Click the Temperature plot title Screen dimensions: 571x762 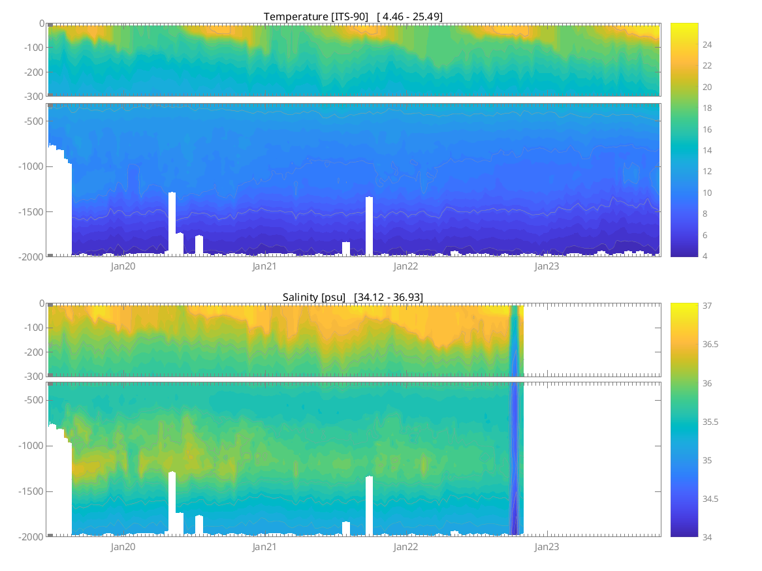tap(353, 16)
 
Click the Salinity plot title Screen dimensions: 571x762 tap(353, 297)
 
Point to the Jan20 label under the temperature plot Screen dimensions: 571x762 tap(123, 266)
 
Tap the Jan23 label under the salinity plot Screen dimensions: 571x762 tap(547, 547)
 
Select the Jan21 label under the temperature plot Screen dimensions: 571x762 tap(264, 266)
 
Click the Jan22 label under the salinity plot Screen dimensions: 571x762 tap(405, 547)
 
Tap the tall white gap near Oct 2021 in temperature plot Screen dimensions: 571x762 tap(369, 225)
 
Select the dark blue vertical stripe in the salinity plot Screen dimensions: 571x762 tap(515, 457)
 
